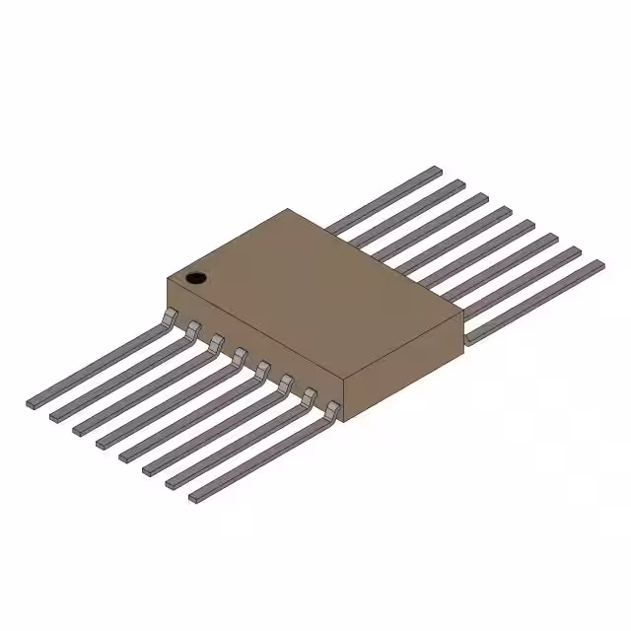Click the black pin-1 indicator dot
pos(197,278)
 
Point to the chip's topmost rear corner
pos(288,209)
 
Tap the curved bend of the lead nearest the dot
pos(171,315)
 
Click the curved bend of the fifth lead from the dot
pos(262,368)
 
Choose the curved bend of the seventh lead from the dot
pos(310,395)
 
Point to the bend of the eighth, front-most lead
pos(333,409)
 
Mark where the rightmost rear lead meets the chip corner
pos(467,336)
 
